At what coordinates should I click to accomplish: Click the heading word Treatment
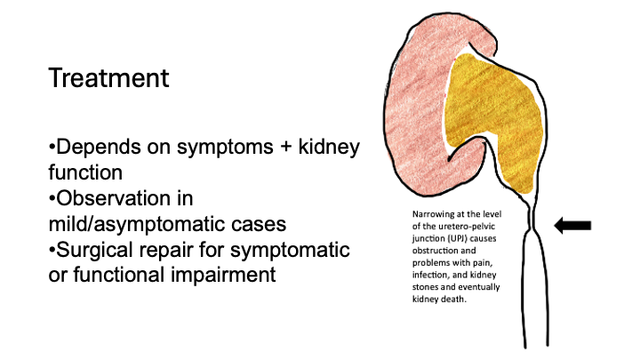click(x=108, y=78)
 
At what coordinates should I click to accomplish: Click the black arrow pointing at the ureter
click(x=572, y=227)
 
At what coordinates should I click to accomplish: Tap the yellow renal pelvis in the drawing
click(x=494, y=124)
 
